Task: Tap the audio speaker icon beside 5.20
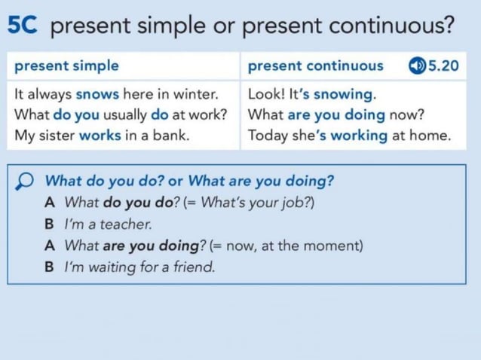coord(416,66)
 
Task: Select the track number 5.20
coord(443,66)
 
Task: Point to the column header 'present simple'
coord(66,66)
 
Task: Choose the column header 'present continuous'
coord(315,66)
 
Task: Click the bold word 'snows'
coord(97,95)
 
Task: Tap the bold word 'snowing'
coord(344,95)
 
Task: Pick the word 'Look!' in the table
coord(264,95)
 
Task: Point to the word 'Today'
coord(266,136)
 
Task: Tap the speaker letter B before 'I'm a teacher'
coord(49,224)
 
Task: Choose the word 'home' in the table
coord(431,136)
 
